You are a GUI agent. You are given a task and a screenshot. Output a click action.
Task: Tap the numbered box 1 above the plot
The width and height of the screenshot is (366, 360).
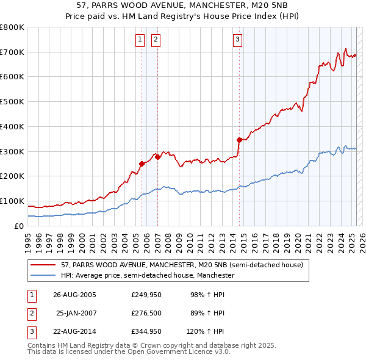(140, 40)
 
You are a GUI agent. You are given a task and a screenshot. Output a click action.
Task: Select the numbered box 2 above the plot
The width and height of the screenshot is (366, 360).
(156, 40)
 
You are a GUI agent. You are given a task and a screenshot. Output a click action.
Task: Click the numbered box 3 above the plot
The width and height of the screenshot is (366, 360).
(237, 40)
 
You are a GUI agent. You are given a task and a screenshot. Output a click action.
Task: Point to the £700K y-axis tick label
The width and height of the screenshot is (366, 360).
(12, 52)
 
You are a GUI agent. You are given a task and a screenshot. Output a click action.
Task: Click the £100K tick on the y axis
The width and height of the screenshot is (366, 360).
(12, 201)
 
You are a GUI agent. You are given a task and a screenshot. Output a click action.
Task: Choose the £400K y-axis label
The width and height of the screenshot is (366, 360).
(12, 126)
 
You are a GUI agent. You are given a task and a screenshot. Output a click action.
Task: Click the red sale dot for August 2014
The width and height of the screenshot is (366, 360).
(239, 140)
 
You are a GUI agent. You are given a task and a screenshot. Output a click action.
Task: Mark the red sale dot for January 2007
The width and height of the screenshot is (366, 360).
(157, 157)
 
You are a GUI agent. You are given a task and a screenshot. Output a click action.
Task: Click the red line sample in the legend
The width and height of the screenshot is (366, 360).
(44, 265)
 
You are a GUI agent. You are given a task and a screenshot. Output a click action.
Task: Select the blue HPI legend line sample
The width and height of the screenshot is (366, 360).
(44, 276)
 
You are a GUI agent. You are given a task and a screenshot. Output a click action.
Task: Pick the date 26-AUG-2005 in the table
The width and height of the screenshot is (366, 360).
(74, 295)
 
